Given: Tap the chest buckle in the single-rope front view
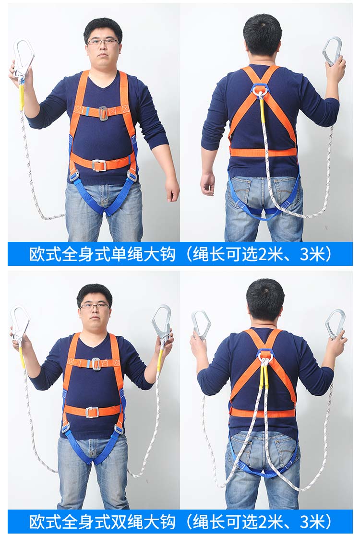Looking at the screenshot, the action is tap(103, 113).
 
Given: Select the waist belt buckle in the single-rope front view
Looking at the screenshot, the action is tap(98, 165).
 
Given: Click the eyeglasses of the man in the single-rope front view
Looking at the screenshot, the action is tap(103, 42).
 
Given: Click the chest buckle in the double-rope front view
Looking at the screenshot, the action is tap(96, 364).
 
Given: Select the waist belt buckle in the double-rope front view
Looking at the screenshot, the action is tap(92, 412).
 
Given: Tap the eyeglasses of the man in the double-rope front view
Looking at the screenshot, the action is tap(95, 306).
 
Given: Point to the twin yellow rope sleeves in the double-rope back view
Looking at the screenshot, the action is tap(264, 375).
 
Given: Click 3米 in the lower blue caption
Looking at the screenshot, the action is tap(311, 522).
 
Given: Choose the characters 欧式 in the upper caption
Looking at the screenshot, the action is tap(45, 254).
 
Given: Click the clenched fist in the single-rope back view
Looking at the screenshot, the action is tap(208, 183).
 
